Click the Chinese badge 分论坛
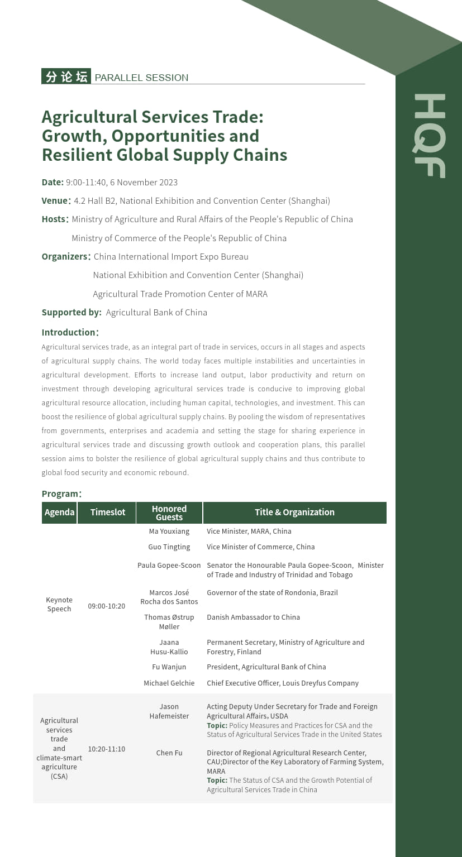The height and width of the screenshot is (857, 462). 66,77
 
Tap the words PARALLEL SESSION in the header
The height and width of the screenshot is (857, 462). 141,78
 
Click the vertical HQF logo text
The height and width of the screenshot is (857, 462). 430,136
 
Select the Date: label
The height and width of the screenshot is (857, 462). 53,182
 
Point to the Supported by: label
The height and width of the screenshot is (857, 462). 72,312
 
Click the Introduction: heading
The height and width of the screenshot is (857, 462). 70,332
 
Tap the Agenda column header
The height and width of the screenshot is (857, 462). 59,513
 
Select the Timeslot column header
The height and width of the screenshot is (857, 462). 108,513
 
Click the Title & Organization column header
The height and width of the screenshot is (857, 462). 294,513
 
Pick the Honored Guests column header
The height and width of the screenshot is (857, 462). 169,513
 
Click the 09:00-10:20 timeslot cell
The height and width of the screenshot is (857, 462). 107,606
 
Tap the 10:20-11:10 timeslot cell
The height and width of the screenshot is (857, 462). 107,749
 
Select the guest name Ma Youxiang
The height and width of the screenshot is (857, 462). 169,531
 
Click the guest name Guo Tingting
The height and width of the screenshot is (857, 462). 169,547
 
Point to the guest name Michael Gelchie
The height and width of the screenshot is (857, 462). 169,683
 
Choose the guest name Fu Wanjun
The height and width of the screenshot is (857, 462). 169,667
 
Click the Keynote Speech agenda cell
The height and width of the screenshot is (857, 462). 59,604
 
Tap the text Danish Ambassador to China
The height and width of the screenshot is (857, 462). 253,617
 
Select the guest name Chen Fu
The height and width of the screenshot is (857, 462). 169,753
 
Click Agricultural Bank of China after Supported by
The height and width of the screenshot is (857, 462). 156,312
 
